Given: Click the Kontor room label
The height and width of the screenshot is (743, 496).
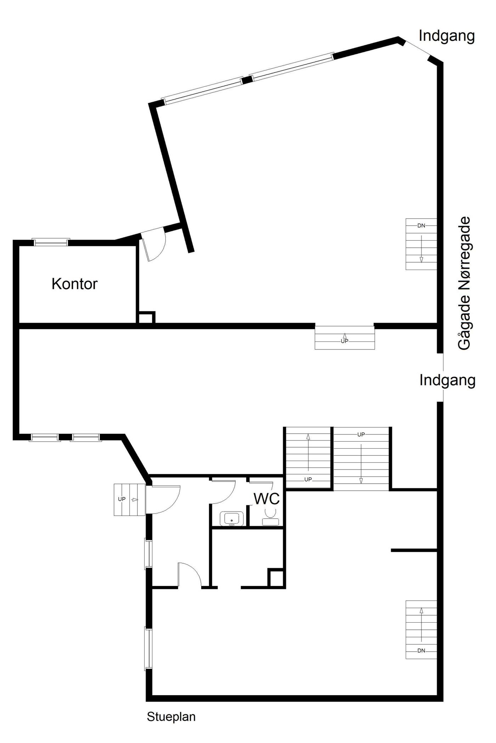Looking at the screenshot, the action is [x=74, y=284].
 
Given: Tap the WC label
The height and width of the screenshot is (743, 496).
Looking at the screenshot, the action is [x=267, y=499].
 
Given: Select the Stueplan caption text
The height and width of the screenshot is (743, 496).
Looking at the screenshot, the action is [x=171, y=716].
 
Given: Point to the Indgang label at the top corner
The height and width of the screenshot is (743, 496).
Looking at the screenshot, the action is [x=447, y=36].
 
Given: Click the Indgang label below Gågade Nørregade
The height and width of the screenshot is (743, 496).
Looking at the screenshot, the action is [x=447, y=380].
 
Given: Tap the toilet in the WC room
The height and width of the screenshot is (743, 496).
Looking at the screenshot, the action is [x=271, y=516].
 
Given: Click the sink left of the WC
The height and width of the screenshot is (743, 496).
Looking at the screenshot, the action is [x=232, y=518].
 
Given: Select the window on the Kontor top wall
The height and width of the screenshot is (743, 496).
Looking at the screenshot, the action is [x=51, y=242].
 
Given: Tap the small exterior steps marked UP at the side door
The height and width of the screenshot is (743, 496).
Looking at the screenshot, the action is [x=130, y=500].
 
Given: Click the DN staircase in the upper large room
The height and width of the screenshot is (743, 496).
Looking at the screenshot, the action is [x=421, y=244].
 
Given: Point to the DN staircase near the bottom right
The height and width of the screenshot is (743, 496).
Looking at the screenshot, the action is [x=421, y=629].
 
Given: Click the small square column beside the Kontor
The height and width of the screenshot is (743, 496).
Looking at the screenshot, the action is [x=146, y=317].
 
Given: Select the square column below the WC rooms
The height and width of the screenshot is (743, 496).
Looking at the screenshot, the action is [x=276, y=578].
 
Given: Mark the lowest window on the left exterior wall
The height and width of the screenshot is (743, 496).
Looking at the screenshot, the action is [x=148, y=649].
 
